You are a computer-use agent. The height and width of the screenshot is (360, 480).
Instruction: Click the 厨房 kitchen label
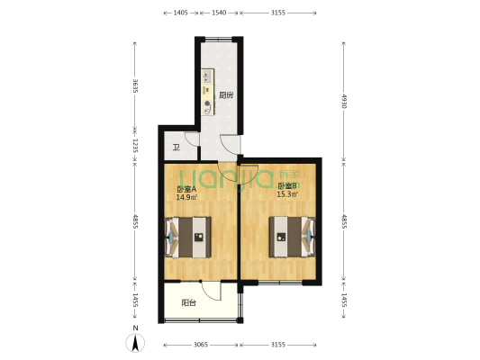tap(226, 94)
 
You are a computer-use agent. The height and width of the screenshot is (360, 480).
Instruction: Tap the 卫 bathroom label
tap(177, 148)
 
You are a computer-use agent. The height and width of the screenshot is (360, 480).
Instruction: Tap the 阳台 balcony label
tap(189, 303)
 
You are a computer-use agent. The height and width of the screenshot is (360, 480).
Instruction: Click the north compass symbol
tap(134, 343)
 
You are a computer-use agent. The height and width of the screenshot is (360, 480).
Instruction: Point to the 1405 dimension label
tap(180, 13)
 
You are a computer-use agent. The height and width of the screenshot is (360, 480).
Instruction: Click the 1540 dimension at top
tap(219, 13)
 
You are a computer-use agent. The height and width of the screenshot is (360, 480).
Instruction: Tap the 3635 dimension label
tap(134, 86)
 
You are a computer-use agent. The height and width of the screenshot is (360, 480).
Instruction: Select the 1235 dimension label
tap(134, 145)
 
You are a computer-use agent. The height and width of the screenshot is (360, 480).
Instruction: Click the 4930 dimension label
tap(343, 101)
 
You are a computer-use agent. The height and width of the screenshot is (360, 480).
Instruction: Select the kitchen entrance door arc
tap(230, 144)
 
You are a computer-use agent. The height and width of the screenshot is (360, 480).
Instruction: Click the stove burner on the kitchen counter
tap(208, 105)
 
